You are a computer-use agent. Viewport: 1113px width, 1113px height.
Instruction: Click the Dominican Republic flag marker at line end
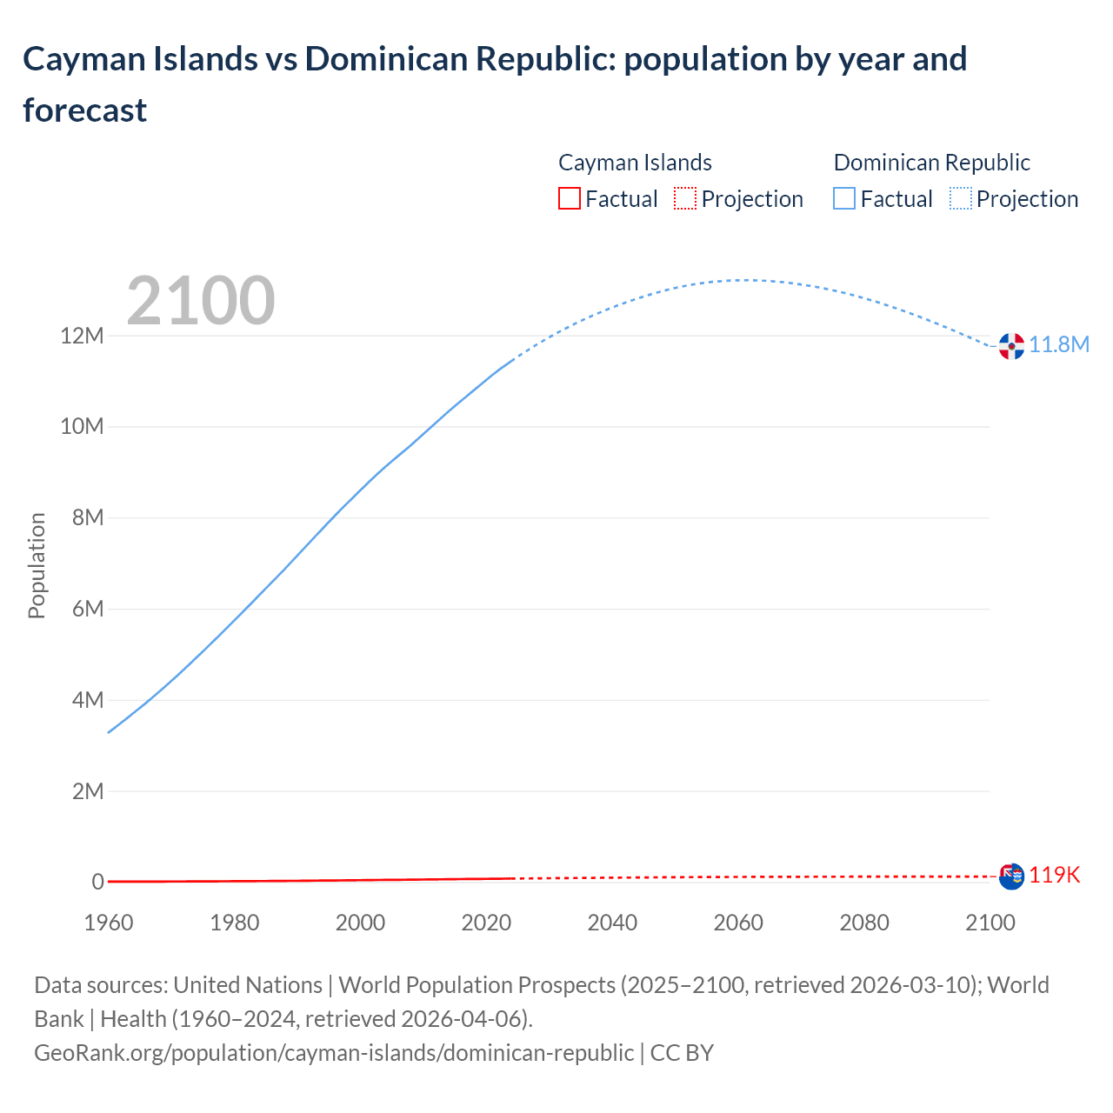pos(1011,346)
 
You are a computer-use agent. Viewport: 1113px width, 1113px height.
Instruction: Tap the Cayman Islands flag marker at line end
pos(1011,876)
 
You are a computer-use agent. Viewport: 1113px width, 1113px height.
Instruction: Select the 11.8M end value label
pos(1059,345)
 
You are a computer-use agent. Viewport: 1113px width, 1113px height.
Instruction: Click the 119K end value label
pos(1054,876)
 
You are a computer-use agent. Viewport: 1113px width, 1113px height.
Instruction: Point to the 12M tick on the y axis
pos(82,336)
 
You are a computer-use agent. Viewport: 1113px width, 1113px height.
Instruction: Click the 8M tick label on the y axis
pos(88,518)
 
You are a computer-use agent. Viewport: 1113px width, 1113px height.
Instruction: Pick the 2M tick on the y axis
pos(88,791)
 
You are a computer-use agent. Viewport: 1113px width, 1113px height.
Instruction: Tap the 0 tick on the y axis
pos(98,882)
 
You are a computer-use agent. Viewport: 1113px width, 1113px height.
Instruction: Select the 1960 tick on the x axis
pos(109,923)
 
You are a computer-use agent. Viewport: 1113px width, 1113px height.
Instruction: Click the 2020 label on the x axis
pos(486,923)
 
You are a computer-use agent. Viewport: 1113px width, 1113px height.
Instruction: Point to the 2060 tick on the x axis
pos(738,923)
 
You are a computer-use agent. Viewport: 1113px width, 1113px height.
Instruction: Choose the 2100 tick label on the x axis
pos(990,923)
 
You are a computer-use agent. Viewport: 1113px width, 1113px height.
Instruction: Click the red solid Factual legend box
pos(569,199)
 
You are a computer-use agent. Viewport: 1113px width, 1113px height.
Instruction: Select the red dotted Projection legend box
pos(685,199)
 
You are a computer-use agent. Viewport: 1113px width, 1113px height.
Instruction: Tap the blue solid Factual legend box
pos(843,199)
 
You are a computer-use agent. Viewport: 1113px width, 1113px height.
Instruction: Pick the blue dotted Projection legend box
pos(960,199)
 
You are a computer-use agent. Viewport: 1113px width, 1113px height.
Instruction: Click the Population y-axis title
pos(37,565)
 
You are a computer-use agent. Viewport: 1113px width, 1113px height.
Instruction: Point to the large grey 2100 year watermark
pos(201,301)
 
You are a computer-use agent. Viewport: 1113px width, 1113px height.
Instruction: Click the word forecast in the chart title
pos(85,110)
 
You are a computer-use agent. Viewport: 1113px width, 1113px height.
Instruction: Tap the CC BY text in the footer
pos(682,1053)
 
